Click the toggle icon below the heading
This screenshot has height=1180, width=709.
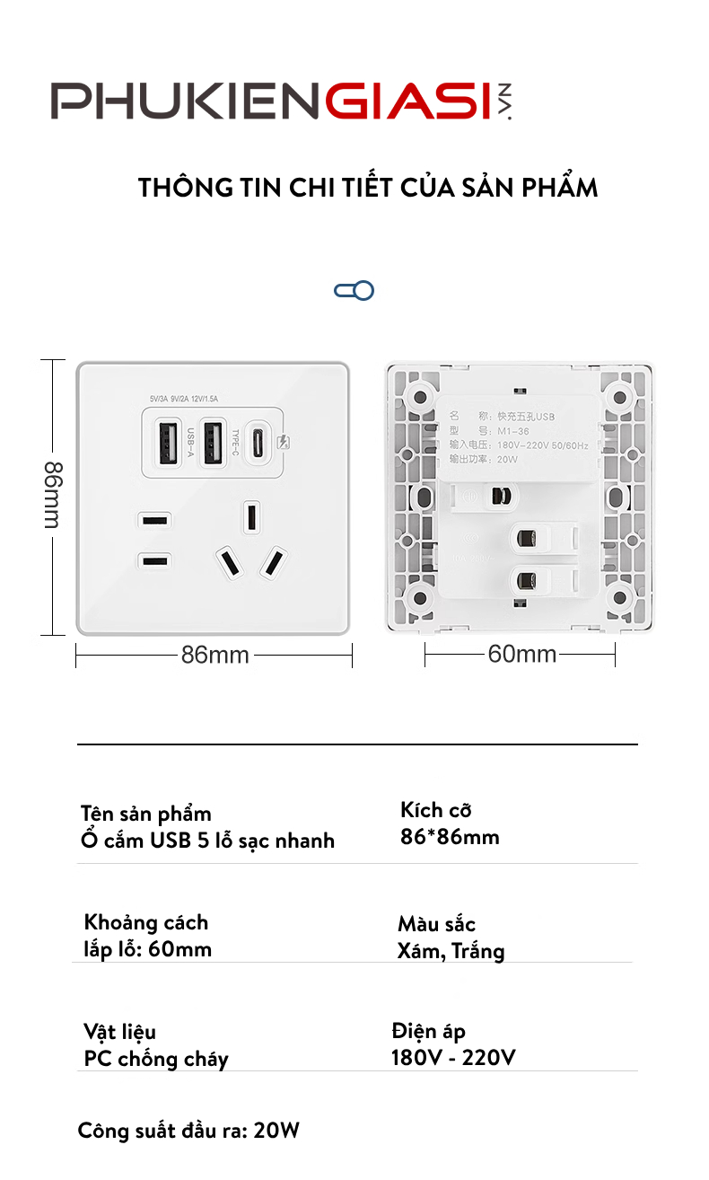pos(354,290)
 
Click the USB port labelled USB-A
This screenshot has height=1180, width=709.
pos(171,442)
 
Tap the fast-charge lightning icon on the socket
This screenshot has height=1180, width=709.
pos(285,442)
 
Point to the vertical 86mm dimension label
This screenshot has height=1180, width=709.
pos(53,497)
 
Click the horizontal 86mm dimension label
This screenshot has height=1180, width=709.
pos(215,656)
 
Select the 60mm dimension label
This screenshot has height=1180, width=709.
pos(522,655)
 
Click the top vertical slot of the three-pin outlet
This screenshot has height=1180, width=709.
pos(252,517)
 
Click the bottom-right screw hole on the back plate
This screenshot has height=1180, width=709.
pos(618,598)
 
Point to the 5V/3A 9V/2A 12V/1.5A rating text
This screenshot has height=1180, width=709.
pos(185,400)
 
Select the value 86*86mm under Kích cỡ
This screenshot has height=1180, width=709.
pos(450,838)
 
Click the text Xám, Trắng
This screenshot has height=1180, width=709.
pos(451,951)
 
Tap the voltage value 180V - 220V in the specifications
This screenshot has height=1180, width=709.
pos(453,1058)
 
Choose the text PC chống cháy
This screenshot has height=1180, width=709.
pos(156,1059)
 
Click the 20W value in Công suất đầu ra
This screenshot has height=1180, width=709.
pos(276,1131)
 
